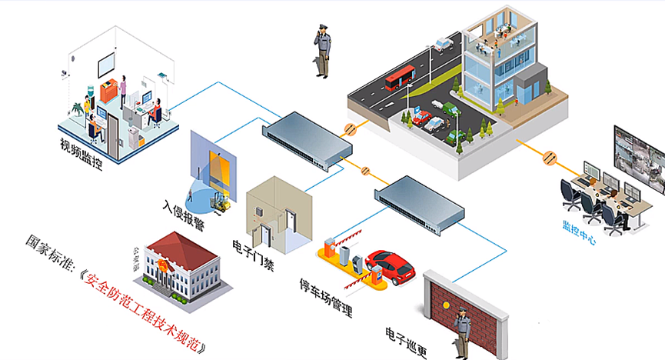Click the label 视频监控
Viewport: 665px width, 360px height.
[81, 154]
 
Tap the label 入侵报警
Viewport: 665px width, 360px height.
[184, 215]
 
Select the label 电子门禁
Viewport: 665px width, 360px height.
[253, 255]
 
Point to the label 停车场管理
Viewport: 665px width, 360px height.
[326, 298]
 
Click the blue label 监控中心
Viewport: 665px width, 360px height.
[580, 232]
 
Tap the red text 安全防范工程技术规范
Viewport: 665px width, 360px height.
[143, 312]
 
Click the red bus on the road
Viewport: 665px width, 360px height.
[400, 77]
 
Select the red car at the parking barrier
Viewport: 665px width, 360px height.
[391, 266]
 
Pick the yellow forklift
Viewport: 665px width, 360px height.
[221, 202]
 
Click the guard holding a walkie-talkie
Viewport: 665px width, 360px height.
[322, 51]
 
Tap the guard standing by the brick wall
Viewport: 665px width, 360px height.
[462, 333]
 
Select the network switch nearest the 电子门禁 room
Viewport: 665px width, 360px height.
[308, 141]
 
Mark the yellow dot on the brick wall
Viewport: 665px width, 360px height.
[446, 305]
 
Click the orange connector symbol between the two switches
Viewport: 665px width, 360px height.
[365, 171]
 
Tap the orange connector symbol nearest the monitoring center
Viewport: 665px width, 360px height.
[550, 158]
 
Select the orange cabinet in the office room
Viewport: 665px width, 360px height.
[108, 91]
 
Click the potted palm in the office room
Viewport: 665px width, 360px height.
[78, 108]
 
